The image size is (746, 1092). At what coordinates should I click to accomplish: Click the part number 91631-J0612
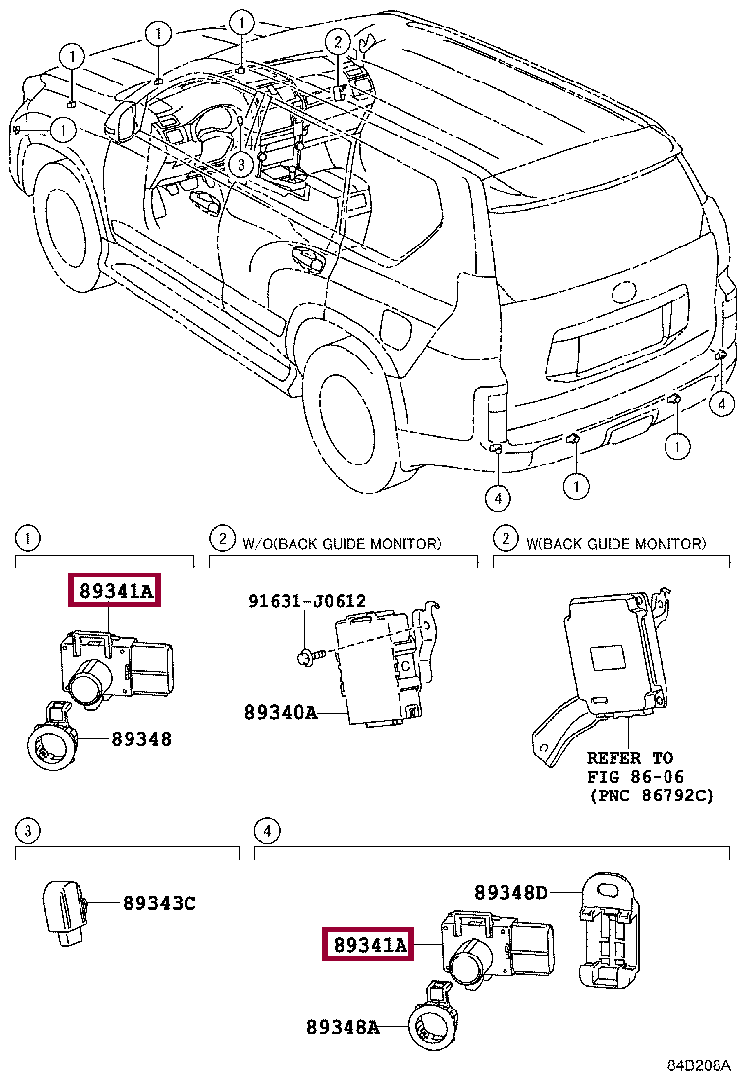(x=307, y=600)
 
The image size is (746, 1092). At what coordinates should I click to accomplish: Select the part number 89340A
(x=281, y=712)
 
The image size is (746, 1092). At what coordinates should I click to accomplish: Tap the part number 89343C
(x=159, y=903)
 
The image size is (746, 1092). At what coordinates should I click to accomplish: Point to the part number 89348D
(x=510, y=892)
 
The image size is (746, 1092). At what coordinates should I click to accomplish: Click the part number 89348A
(x=344, y=1027)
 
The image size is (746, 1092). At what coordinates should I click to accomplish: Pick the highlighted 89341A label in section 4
(x=368, y=945)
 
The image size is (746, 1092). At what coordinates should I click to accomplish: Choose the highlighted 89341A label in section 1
(x=114, y=590)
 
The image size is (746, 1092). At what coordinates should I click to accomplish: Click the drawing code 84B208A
(x=699, y=1065)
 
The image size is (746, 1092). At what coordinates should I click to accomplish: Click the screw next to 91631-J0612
(x=310, y=655)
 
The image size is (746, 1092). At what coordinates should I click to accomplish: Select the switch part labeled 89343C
(x=66, y=913)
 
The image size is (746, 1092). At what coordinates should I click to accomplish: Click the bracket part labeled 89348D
(x=608, y=930)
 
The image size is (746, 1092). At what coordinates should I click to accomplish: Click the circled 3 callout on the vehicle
(x=240, y=165)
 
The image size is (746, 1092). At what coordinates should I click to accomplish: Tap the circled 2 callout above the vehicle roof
(x=338, y=42)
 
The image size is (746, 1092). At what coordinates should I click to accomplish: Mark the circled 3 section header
(x=27, y=830)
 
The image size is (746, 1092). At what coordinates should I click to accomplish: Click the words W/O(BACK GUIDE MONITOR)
(x=342, y=543)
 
